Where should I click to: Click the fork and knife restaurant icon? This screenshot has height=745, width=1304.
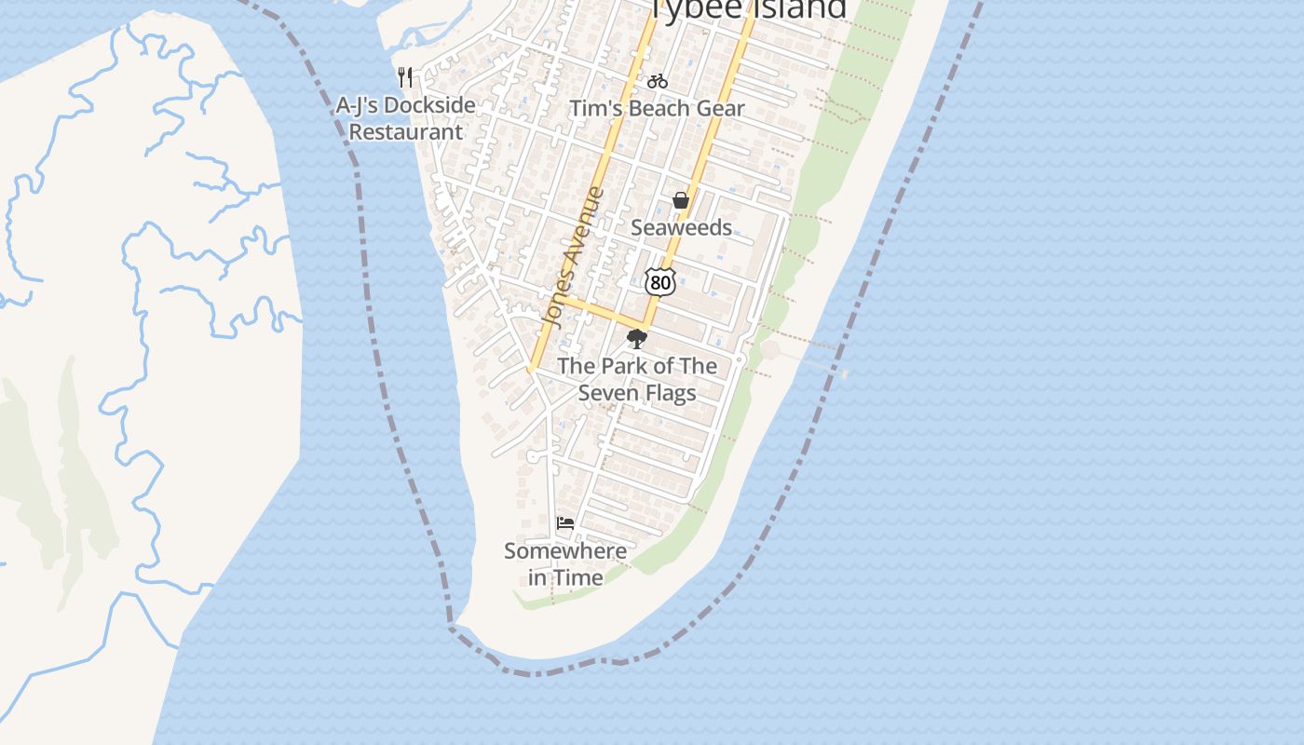click(x=405, y=76)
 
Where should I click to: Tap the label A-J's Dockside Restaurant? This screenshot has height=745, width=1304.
click(x=405, y=118)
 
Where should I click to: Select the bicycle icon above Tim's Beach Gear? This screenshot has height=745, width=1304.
click(x=658, y=81)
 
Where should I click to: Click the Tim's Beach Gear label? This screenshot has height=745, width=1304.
click(x=657, y=108)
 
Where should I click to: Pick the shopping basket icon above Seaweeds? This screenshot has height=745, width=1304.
click(x=681, y=200)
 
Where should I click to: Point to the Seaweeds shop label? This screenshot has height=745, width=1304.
click(x=681, y=227)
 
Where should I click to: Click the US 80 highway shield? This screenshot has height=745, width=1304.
click(x=659, y=281)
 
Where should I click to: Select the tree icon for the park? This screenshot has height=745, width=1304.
click(x=637, y=339)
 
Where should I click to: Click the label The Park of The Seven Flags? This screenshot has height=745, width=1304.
click(x=637, y=379)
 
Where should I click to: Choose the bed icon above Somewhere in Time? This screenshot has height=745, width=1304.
click(x=565, y=523)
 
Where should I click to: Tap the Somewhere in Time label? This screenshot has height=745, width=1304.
click(x=565, y=563)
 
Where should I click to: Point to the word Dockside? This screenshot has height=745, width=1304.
click(x=429, y=105)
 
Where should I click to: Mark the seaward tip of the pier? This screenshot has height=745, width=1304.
click(x=844, y=373)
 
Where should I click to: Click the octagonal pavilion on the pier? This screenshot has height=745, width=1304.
click(x=770, y=351)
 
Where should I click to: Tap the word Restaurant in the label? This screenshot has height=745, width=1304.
click(x=405, y=131)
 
